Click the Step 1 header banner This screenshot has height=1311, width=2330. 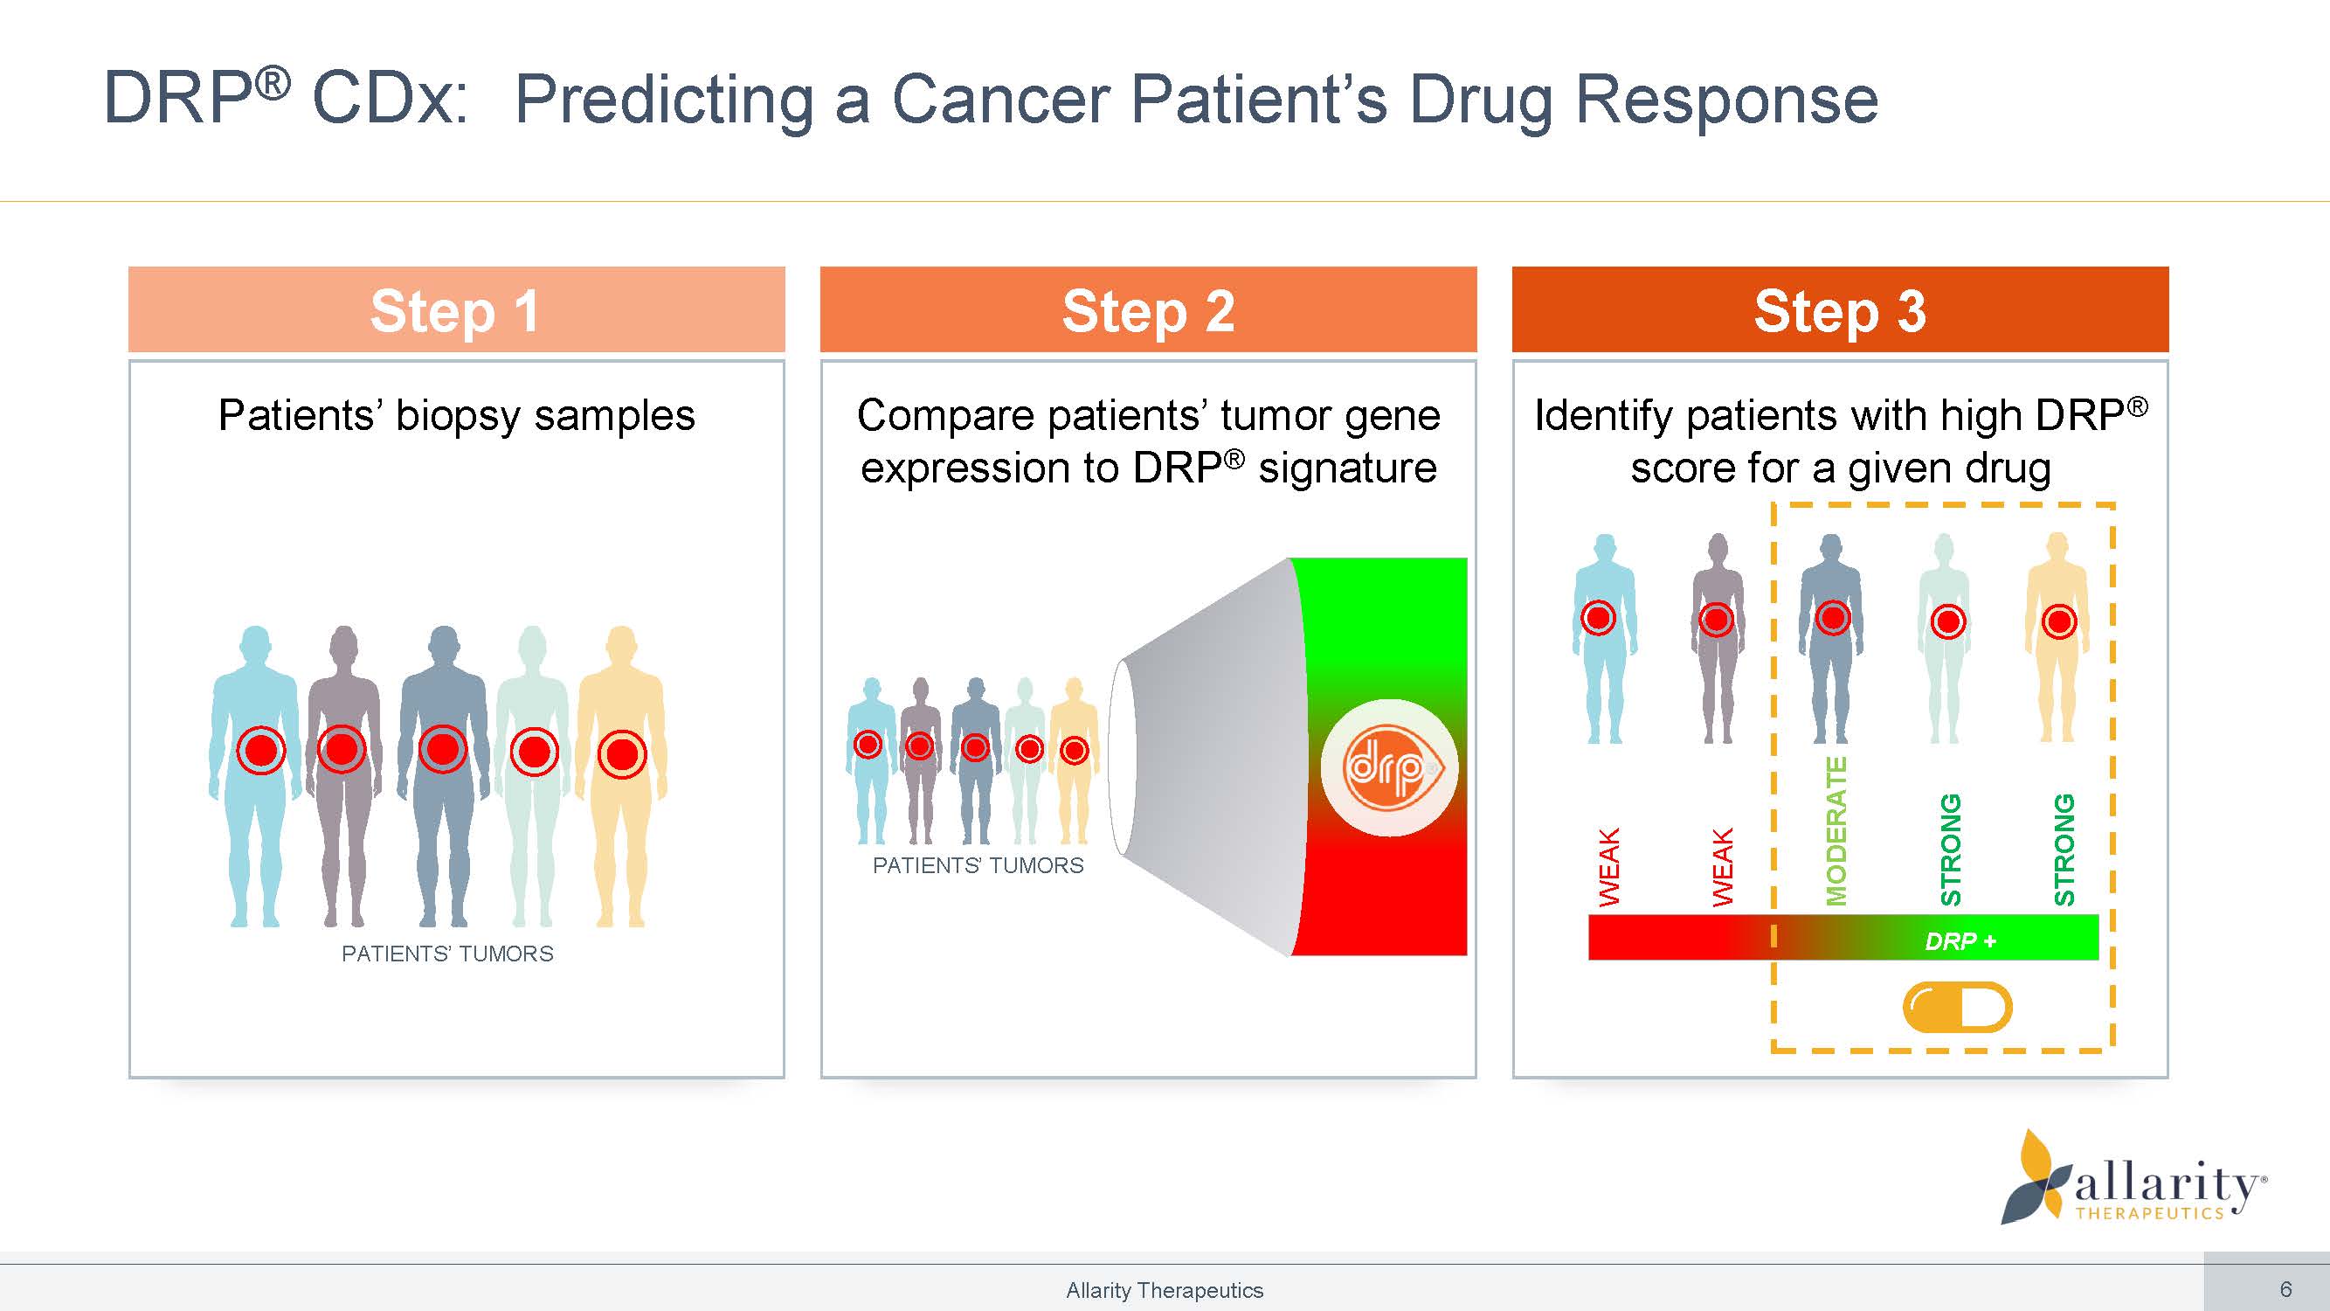click(x=456, y=310)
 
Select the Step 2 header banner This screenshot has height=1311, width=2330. click(x=1148, y=310)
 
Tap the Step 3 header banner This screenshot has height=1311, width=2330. click(x=1840, y=310)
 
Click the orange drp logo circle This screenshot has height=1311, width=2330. click(x=1389, y=768)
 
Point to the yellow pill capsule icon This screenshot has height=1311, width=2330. click(x=1957, y=1007)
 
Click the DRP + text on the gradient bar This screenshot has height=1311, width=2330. click(x=1960, y=942)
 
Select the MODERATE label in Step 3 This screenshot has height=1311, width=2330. click(x=1836, y=831)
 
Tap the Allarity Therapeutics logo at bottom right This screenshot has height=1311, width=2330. click(x=2134, y=1181)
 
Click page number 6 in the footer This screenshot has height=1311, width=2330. click(x=2285, y=1289)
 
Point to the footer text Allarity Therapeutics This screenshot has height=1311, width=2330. click(x=1164, y=1290)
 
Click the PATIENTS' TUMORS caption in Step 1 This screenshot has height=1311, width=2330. click(x=446, y=954)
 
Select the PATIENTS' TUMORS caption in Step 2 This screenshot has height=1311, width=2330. click(x=978, y=866)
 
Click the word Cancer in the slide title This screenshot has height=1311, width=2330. click(x=1000, y=99)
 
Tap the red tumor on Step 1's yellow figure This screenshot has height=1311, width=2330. click(x=622, y=753)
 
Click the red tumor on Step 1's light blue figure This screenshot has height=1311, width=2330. click(x=261, y=750)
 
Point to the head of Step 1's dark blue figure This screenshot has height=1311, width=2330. click(x=443, y=644)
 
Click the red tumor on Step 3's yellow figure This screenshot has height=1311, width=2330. click(x=2059, y=621)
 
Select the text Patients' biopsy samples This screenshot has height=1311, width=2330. click(x=456, y=416)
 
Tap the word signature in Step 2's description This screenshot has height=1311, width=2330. click(x=1347, y=468)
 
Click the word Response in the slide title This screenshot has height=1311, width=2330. click(x=1726, y=99)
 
